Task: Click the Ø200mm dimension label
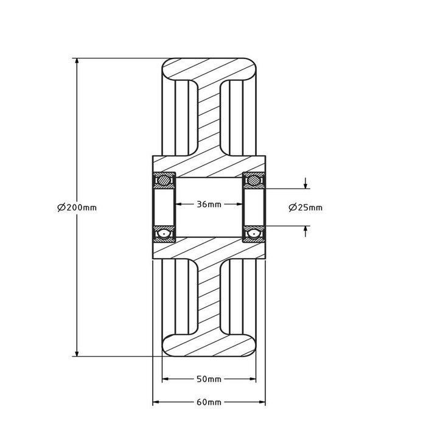pos(77,208)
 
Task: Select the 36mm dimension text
pos(209,204)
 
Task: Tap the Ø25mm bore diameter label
pos(306,208)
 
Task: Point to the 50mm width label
pos(209,379)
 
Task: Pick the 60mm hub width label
pos(209,402)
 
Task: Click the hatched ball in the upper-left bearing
pos(164,180)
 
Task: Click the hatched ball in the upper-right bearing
pos(254,180)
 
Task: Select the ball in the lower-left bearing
pos(164,234)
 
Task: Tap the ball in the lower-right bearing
pos(254,234)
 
